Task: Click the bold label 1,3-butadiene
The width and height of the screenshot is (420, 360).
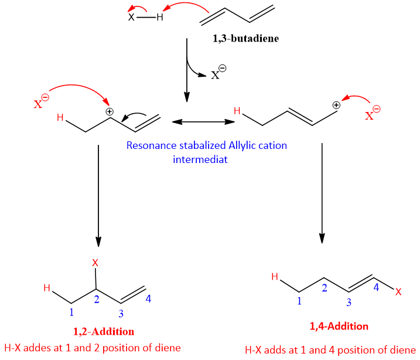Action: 246,39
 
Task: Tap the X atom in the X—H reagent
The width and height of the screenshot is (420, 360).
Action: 131,17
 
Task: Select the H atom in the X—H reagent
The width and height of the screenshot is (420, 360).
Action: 159,18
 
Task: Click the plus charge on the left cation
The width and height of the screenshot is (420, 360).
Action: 109,111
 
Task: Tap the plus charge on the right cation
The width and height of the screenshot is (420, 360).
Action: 336,106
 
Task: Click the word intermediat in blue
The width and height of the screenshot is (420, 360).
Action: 200,159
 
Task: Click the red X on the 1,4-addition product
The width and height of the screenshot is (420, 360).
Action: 399,291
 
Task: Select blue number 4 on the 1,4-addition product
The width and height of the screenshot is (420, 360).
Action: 377,288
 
